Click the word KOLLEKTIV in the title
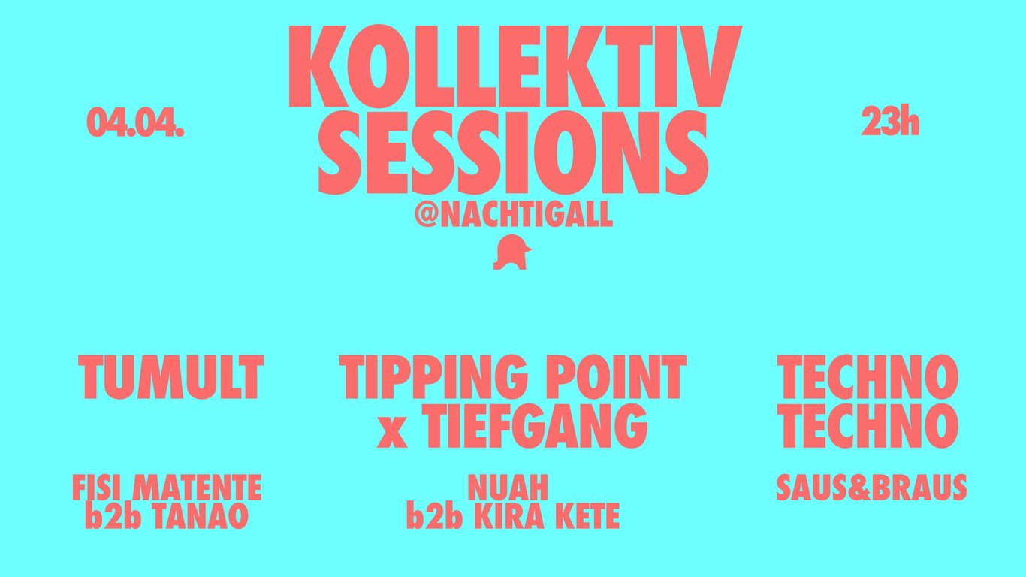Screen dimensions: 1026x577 (x=515, y=66)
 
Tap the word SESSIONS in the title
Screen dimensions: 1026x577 (x=514, y=153)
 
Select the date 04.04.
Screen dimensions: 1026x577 (x=136, y=122)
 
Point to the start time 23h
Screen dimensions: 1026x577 (x=890, y=121)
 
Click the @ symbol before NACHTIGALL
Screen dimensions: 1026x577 (x=426, y=214)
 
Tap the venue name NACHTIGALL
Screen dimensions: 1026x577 (x=525, y=214)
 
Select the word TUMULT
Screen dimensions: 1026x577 (x=170, y=377)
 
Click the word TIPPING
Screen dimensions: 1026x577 (x=434, y=377)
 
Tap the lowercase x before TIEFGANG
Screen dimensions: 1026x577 (x=393, y=434)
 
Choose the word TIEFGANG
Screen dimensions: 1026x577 (x=537, y=426)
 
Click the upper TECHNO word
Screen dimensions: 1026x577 (x=868, y=377)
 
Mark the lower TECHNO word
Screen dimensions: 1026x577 (x=868, y=426)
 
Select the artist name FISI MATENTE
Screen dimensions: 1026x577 (x=167, y=488)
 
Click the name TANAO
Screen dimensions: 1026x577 (x=200, y=515)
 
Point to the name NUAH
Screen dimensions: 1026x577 (x=508, y=488)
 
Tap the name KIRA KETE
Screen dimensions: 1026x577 (x=547, y=515)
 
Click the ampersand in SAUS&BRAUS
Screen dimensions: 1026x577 (x=859, y=488)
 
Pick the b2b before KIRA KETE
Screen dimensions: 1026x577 (x=434, y=515)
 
